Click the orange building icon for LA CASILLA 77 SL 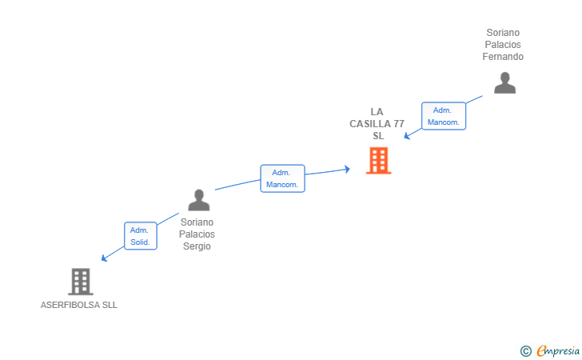[379, 161]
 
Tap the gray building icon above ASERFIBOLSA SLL [81, 282]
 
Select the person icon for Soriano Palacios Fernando [504, 83]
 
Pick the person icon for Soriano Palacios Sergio [199, 200]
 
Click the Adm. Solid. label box [141, 236]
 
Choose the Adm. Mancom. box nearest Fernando [444, 116]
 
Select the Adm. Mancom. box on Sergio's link [282, 178]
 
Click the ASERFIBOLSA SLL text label [79, 305]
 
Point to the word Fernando [503, 57]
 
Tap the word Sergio [197, 246]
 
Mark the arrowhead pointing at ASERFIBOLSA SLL [104, 258]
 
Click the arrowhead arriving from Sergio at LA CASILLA [347, 170]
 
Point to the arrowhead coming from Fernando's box [407, 136]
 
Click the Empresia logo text [558, 350]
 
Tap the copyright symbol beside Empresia [526, 351]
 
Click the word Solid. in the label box [141, 242]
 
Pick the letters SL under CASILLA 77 [378, 136]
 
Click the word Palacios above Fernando [503, 45]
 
